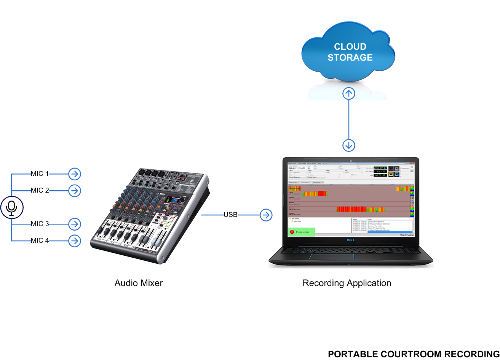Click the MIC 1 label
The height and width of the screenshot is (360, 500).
(40, 174)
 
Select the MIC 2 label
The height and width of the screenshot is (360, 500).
(40, 190)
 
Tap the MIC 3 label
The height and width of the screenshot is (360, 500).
(40, 224)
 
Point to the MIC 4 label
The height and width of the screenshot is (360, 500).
(40, 241)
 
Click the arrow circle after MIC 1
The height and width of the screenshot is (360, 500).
(75, 174)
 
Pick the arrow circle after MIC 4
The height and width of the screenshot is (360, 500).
(75, 241)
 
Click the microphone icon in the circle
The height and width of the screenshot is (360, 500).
(12, 207)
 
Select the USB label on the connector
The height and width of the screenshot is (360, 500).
(230, 215)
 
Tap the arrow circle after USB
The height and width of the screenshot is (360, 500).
(266, 215)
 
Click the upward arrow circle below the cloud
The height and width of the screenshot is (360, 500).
(349, 93)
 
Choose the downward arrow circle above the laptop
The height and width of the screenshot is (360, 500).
(349, 145)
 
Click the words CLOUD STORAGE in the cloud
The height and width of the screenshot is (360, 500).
(350, 52)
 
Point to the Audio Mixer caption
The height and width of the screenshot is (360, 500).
(139, 283)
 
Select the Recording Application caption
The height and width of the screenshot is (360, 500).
(347, 283)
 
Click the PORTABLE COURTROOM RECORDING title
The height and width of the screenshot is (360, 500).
(413, 354)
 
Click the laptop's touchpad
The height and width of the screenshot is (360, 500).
(331, 256)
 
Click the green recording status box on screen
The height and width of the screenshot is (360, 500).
(301, 231)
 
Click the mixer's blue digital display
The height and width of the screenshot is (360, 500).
(174, 201)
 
